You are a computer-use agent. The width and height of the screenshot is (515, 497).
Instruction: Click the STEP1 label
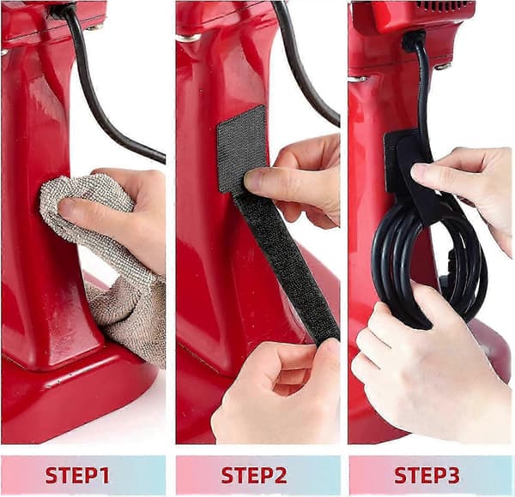click(x=77, y=476)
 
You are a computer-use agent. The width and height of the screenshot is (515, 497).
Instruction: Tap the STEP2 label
click(x=254, y=476)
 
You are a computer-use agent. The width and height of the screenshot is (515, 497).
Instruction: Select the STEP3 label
click(x=427, y=476)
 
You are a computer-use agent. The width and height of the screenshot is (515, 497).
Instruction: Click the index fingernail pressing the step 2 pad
click(x=253, y=180)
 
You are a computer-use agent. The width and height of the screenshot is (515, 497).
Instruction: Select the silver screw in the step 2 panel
click(x=188, y=38)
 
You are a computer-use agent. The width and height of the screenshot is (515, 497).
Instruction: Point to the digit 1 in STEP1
click(x=104, y=476)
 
